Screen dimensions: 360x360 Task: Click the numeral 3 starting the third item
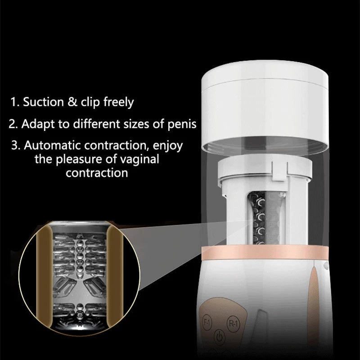click(16, 146)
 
